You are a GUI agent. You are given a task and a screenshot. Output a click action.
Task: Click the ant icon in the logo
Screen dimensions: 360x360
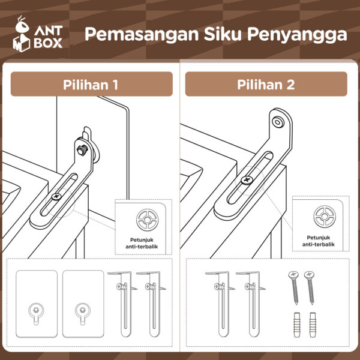click(22, 28)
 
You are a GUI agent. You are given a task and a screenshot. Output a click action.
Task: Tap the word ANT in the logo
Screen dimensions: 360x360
click(49, 29)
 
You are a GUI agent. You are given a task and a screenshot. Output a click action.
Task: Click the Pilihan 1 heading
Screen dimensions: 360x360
click(91, 85)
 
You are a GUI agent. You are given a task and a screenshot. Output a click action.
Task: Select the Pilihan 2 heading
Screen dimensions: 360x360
click(266, 85)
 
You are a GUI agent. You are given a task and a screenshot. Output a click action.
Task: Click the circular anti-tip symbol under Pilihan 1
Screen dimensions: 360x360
click(145, 221)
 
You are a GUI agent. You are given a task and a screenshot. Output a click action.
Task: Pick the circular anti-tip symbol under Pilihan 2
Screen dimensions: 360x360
click(324, 217)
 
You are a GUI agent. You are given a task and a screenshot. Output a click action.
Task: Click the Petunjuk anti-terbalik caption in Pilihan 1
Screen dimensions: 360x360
click(145, 244)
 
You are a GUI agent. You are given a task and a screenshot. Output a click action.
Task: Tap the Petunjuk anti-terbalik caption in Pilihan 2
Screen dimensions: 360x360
click(317, 241)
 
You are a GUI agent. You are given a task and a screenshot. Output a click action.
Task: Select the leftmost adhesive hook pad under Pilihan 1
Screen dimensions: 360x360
click(37, 303)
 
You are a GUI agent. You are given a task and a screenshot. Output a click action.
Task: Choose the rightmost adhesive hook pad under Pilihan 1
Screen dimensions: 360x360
click(83, 303)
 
